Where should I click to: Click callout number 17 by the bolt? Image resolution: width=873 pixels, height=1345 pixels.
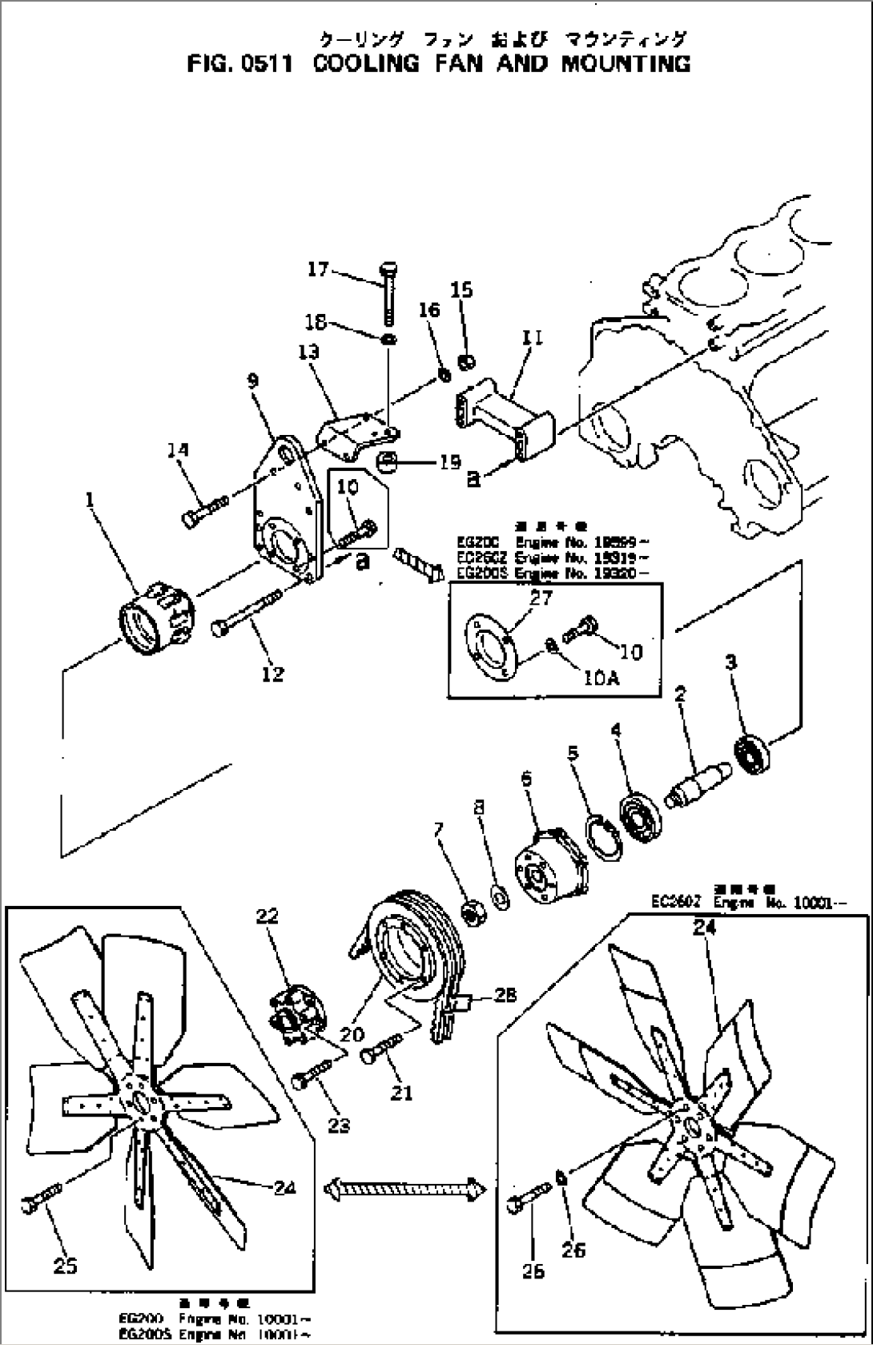(x=318, y=269)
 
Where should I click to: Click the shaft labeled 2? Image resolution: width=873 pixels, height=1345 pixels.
(x=699, y=779)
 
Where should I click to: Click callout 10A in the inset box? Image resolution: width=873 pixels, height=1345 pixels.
(x=601, y=679)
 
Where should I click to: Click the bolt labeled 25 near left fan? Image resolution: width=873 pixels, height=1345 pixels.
(x=45, y=1202)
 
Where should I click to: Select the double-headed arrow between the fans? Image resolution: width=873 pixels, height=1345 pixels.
(x=405, y=1188)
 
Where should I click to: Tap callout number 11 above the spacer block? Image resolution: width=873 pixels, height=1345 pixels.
(x=532, y=337)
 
